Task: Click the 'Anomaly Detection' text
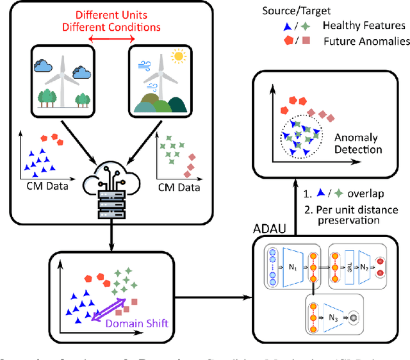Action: pos(358,143)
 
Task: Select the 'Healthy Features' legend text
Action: pos(365,26)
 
